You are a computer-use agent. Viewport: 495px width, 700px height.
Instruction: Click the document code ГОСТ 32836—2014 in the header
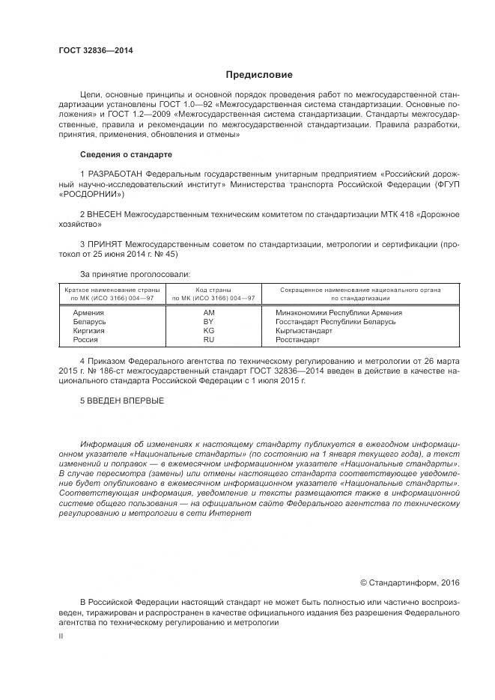pyautogui.click(x=95, y=51)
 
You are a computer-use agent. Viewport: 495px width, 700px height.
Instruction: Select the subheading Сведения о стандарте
pyautogui.click(x=126, y=154)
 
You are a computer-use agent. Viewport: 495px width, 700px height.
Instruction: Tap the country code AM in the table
pyautogui.click(x=209, y=311)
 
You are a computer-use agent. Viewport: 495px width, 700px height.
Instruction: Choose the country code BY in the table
pyautogui.click(x=209, y=320)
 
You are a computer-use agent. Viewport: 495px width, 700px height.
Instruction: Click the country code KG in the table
pyautogui.click(x=209, y=330)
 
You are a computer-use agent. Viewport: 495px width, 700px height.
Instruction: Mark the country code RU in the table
pyautogui.click(x=209, y=339)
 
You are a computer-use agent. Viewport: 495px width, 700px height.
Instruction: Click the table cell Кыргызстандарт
pyautogui.click(x=308, y=330)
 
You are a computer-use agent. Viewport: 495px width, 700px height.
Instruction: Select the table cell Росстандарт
pyautogui.click(x=302, y=339)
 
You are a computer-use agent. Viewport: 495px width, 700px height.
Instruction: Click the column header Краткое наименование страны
pyautogui.click(x=110, y=289)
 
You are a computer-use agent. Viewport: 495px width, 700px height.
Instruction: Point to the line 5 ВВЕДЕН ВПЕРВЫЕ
pyautogui.click(x=123, y=401)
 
